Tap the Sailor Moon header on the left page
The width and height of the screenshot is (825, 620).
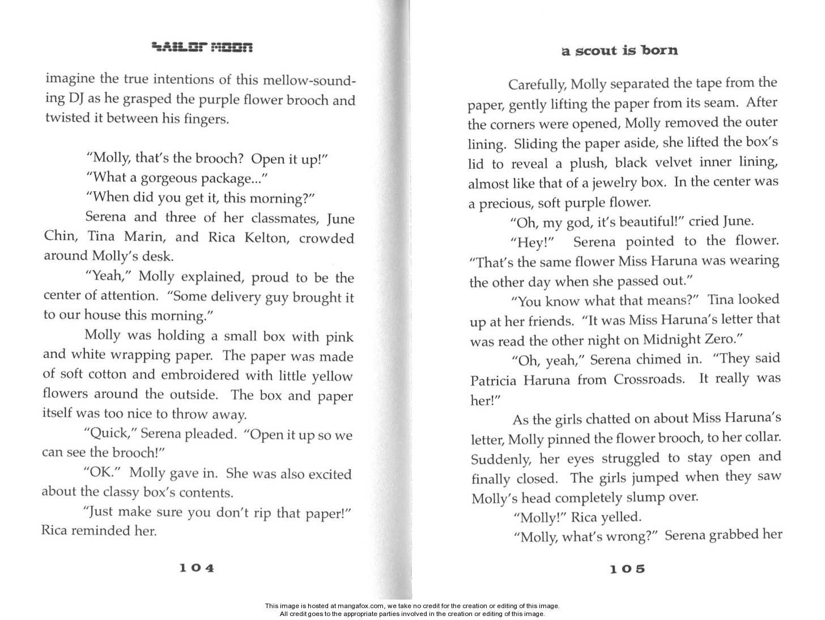pos(202,47)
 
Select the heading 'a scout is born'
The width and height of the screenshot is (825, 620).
pos(619,50)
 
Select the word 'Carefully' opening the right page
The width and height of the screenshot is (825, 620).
pos(536,85)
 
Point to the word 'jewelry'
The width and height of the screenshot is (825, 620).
pos(617,183)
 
